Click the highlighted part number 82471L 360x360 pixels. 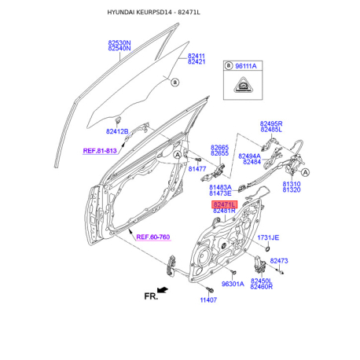[x=224, y=204]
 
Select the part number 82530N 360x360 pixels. [x=119, y=42]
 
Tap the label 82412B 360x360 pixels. [x=117, y=131]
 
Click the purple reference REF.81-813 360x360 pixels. [x=100, y=151]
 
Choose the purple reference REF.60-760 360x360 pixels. [x=153, y=237]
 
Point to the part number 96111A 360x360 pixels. [x=246, y=66]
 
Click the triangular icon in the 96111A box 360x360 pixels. [x=243, y=85]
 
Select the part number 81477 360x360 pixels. [x=197, y=169]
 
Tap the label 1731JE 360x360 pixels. [x=268, y=237]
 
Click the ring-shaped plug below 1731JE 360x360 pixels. [x=267, y=248]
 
